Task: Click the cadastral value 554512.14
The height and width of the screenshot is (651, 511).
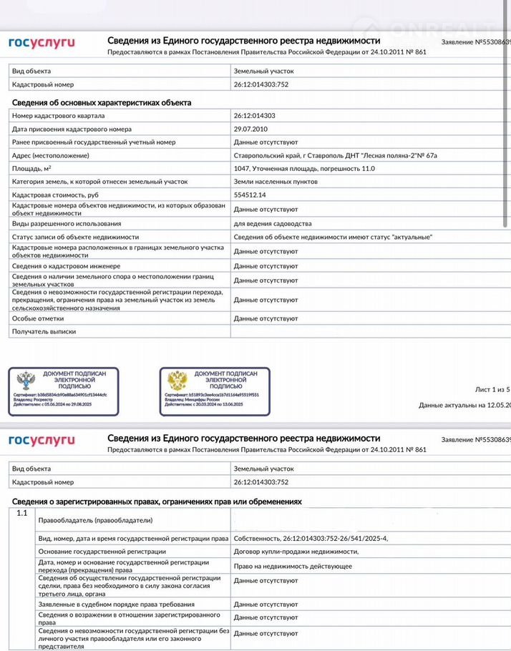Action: point(250,195)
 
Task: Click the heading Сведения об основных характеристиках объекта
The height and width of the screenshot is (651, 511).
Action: point(102,102)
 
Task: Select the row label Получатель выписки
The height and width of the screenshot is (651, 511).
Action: point(44,331)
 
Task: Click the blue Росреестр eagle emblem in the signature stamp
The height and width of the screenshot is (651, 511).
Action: point(26,381)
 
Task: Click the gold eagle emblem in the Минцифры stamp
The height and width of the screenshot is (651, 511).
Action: point(177,381)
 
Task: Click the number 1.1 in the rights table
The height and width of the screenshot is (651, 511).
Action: point(21,514)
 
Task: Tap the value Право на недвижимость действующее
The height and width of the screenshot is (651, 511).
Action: point(293,566)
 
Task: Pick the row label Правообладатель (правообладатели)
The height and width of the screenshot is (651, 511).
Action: point(95,520)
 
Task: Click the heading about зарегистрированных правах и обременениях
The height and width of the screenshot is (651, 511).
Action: point(157,502)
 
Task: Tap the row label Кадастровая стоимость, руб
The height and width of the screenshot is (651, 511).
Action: point(55,195)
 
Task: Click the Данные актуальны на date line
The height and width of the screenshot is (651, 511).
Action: point(464,405)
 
